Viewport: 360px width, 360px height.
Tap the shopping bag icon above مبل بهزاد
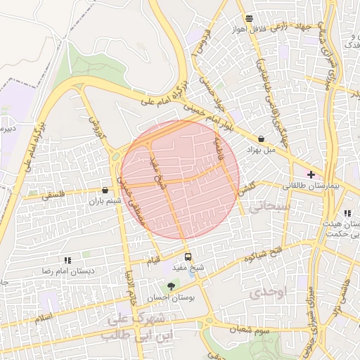262,139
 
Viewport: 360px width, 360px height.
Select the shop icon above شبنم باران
105,190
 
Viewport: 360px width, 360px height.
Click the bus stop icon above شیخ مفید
188,256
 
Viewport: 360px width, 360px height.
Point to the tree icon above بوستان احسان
170,285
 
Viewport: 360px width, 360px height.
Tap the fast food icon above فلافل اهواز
249,18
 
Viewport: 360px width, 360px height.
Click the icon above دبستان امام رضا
67,260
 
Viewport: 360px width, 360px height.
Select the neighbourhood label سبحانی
270,206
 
